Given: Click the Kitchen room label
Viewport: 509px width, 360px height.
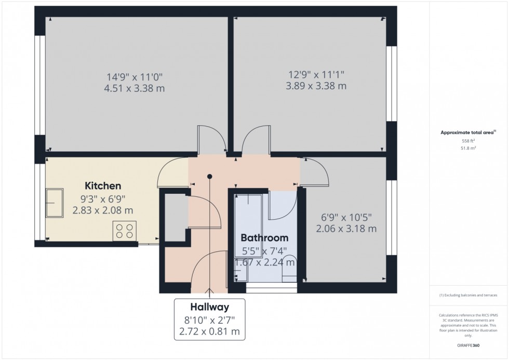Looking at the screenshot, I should pos(103,185).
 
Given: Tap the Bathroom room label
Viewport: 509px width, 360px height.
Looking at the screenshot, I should pos(264,238).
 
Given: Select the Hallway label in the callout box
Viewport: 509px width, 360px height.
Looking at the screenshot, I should pos(209,307).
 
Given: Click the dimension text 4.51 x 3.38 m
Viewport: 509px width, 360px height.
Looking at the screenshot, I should pos(134,88).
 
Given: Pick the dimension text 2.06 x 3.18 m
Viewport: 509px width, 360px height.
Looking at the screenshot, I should pos(346,228).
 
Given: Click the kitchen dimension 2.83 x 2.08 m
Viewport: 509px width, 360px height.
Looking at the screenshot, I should pos(103,210).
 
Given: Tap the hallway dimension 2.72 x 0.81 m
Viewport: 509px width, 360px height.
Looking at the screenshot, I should pos(209,330).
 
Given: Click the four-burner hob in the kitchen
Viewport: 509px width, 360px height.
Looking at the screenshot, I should pos(125,231).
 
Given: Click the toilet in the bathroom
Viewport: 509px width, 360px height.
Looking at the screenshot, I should pos(289,269).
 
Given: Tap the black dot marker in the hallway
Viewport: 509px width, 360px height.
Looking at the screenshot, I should pos(210,176).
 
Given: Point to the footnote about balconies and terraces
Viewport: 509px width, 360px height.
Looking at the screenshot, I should pos(468,295).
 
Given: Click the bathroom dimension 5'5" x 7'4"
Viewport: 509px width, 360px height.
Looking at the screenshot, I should pos(264,251).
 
